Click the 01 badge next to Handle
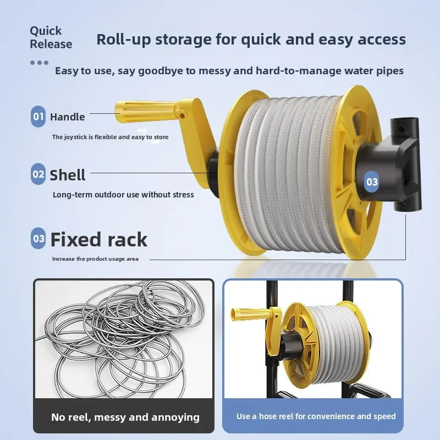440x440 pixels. (x=38, y=117)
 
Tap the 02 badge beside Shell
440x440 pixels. (x=38, y=174)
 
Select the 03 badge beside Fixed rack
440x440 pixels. (x=38, y=239)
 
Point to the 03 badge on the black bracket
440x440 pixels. (x=372, y=182)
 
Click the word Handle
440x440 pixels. (x=67, y=117)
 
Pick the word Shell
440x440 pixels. (x=68, y=175)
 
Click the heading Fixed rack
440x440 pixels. (x=99, y=239)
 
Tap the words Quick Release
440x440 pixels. (x=51, y=37)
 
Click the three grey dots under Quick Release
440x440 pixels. (x=39, y=63)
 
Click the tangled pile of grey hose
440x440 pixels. (x=121, y=339)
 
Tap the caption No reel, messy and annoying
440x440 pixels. (x=125, y=417)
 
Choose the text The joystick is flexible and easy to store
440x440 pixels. (x=111, y=137)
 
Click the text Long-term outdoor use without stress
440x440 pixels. (x=123, y=195)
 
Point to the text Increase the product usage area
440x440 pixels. (x=95, y=258)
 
